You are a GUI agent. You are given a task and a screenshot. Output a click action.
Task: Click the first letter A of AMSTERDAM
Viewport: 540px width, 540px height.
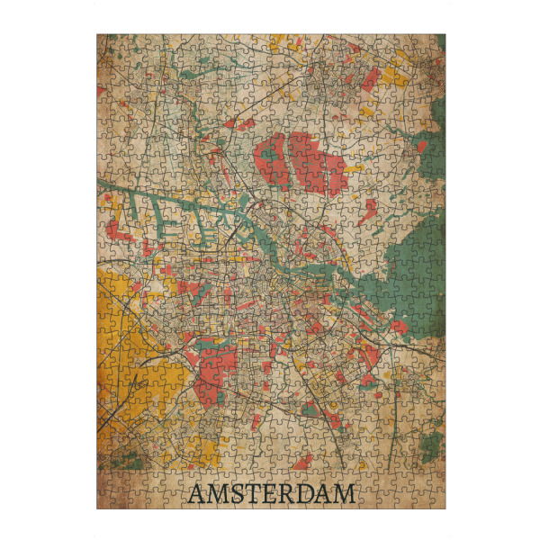tap(196, 494)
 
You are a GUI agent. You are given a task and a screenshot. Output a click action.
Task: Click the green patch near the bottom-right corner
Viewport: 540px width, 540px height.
tap(433, 445)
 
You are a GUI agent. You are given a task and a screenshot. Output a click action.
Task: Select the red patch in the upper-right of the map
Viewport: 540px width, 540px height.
tap(369, 80)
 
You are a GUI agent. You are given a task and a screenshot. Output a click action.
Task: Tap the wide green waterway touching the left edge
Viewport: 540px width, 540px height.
tap(112, 188)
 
